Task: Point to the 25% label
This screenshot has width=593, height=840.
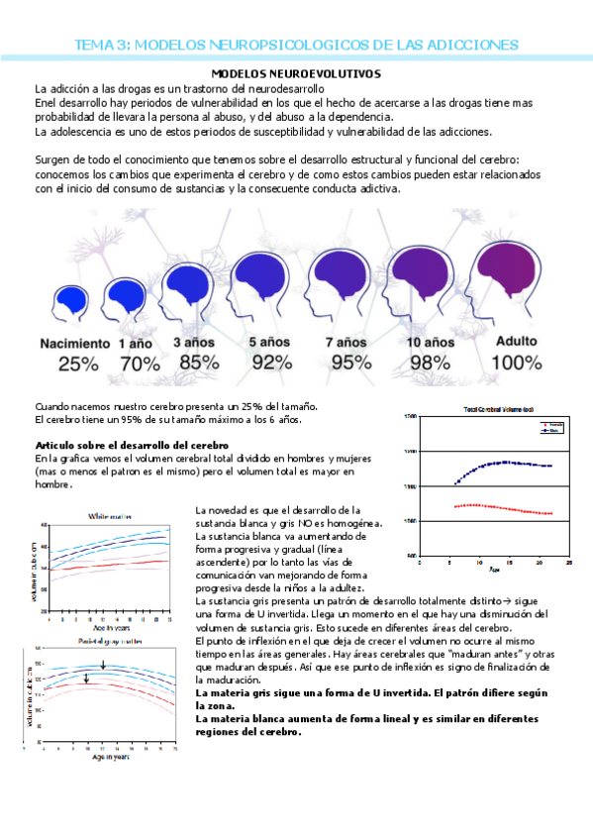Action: tap(78, 364)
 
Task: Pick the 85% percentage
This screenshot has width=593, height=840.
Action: tap(195, 362)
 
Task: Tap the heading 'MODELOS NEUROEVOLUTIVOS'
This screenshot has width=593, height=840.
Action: tap(297, 74)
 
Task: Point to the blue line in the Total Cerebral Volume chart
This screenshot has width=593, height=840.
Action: tap(505, 463)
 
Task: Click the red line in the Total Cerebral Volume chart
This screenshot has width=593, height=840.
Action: tap(505, 507)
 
